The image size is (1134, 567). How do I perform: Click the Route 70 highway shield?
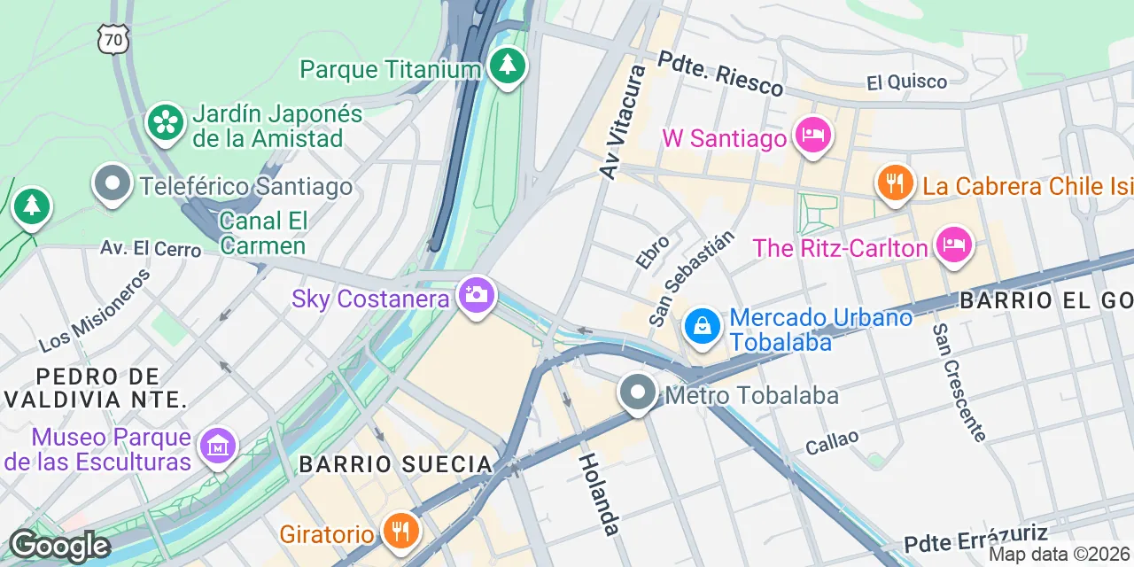pyautogui.click(x=113, y=37)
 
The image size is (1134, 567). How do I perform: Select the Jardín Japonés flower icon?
pyautogui.click(x=166, y=123)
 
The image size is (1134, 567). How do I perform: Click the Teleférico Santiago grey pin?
pyautogui.click(x=113, y=185)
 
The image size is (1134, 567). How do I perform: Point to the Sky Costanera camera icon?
pyautogui.click(x=477, y=295)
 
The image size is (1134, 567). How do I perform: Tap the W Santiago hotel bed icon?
pyautogui.click(x=812, y=136)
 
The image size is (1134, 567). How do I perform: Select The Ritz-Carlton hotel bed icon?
pyautogui.click(x=952, y=245)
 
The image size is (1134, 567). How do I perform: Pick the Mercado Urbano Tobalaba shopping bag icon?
pyautogui.click(x=702, y=328)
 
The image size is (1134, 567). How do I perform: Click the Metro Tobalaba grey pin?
pyautogui.click(x=637, y=392)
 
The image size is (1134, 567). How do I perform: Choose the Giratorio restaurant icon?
pyautogui.click(x=400, y=531)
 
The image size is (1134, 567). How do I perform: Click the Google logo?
pyautogui.click(x=58, y=547)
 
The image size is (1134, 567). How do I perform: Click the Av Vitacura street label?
pyautogui.click(x=624, y=121)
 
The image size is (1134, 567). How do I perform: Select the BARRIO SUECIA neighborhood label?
pyautogui.click(x=395, y=464)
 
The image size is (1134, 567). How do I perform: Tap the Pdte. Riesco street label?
pyautogui.click(x=720, y=73)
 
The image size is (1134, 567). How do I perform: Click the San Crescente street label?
pyautogui.click(x=958, y=382)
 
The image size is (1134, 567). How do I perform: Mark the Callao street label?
pyautogui.click(x=832, y=441)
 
